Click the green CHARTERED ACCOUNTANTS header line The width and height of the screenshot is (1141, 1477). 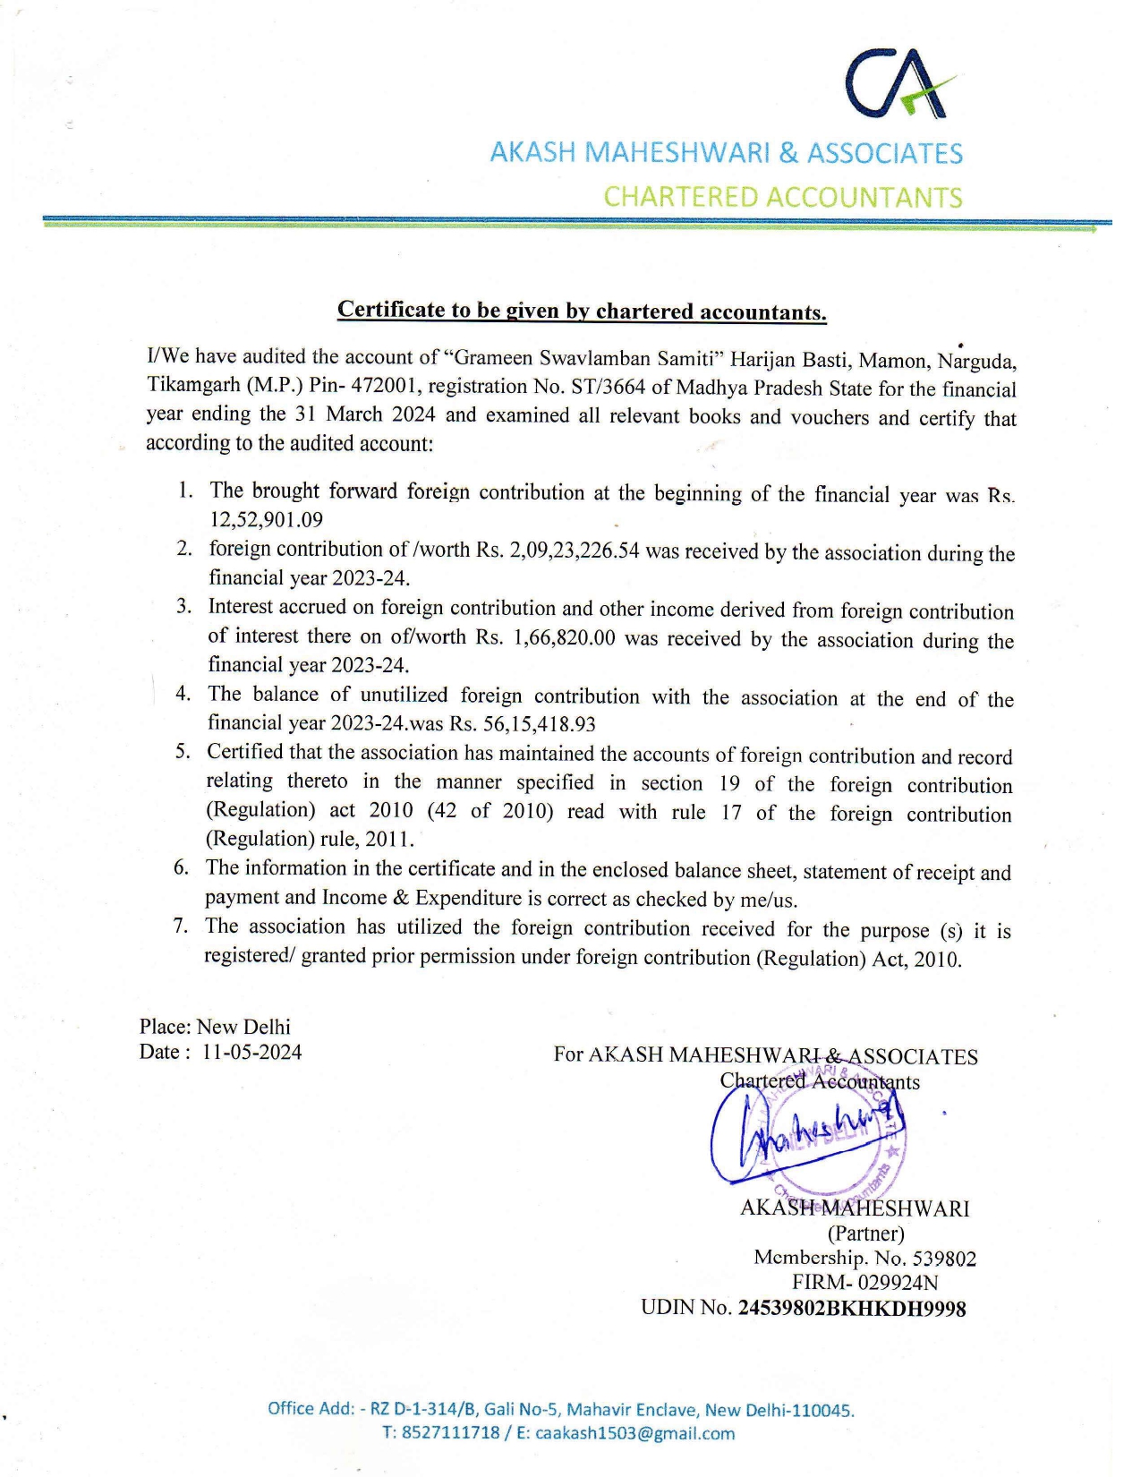tap(782, 197)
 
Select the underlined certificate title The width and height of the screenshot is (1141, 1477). tap(582, 311)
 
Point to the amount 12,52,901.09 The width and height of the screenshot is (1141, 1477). tap(266, 520)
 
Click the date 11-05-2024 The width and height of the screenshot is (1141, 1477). tap(251, 1052)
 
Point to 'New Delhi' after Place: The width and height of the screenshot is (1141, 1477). tap(243, 1027)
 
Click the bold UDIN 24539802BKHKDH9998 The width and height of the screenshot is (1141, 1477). tap(851, 1309)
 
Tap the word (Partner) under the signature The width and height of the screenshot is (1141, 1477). tap(865, 1234)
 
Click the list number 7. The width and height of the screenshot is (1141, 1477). tap(181, 926)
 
